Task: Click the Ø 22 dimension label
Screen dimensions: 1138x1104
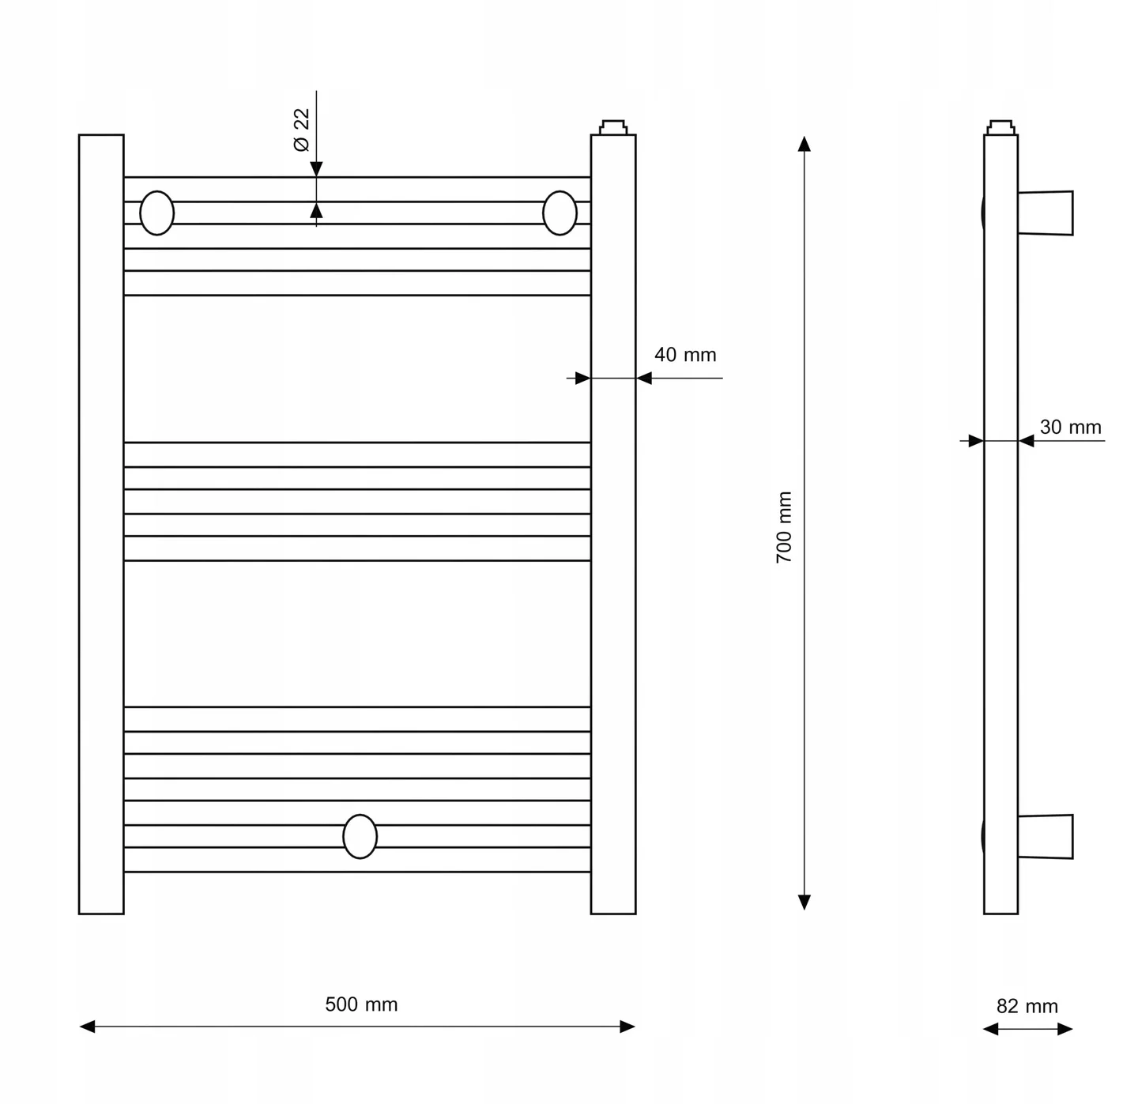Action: (301, 130)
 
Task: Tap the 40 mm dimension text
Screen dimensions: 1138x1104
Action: (685, 355)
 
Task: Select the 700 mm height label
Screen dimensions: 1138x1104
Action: (784, 527)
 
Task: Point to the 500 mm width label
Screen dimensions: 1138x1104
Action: (361, 1004)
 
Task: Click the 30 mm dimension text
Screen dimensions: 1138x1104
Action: (1070, 427)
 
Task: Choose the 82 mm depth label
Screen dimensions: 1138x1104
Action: (1027, 1006)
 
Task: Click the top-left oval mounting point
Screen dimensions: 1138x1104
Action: (156, 213)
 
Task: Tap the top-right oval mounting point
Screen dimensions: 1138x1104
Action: (560, 213)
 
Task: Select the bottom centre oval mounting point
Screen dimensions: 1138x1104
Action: (360, 836)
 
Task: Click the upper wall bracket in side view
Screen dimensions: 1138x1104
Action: (1045, 213)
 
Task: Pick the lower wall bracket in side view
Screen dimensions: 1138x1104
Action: (1045, 837)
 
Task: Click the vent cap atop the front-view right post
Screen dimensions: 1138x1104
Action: (612, 127)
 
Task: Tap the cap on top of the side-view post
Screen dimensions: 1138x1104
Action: (1000, 127)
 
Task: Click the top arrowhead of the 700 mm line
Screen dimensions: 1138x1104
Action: (804, 144)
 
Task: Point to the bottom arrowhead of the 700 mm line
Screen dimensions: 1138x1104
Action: (804, 902)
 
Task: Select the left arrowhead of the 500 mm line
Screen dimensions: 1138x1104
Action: (87, 1027)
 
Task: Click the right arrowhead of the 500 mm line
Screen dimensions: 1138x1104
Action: (627, 1027)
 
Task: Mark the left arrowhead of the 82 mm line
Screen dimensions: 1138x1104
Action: (990, 1029)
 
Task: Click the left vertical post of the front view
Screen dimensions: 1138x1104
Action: (101, 524)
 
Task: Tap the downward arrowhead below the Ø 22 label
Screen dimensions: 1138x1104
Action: (316, 169)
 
